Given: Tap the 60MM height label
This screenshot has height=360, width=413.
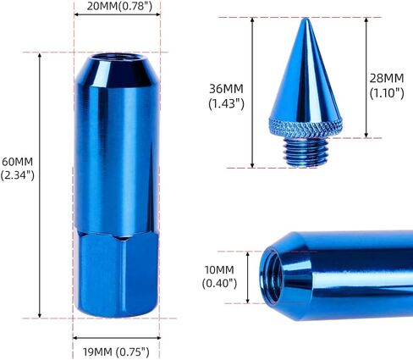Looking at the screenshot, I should click(x=18, y=161).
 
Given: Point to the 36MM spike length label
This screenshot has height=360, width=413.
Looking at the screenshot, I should click(x=225, y=86).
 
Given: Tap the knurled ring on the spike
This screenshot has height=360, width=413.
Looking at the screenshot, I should click(x=302, y=129).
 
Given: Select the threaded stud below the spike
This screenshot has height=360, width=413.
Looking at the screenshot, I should click(x=302, y=150).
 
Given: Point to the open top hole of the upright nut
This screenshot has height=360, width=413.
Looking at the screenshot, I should click(x=109, y=61).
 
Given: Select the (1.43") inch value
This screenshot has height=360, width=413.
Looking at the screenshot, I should click(x=226, y=103).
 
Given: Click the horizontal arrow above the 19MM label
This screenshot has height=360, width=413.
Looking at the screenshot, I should click(x=109, y=335).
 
